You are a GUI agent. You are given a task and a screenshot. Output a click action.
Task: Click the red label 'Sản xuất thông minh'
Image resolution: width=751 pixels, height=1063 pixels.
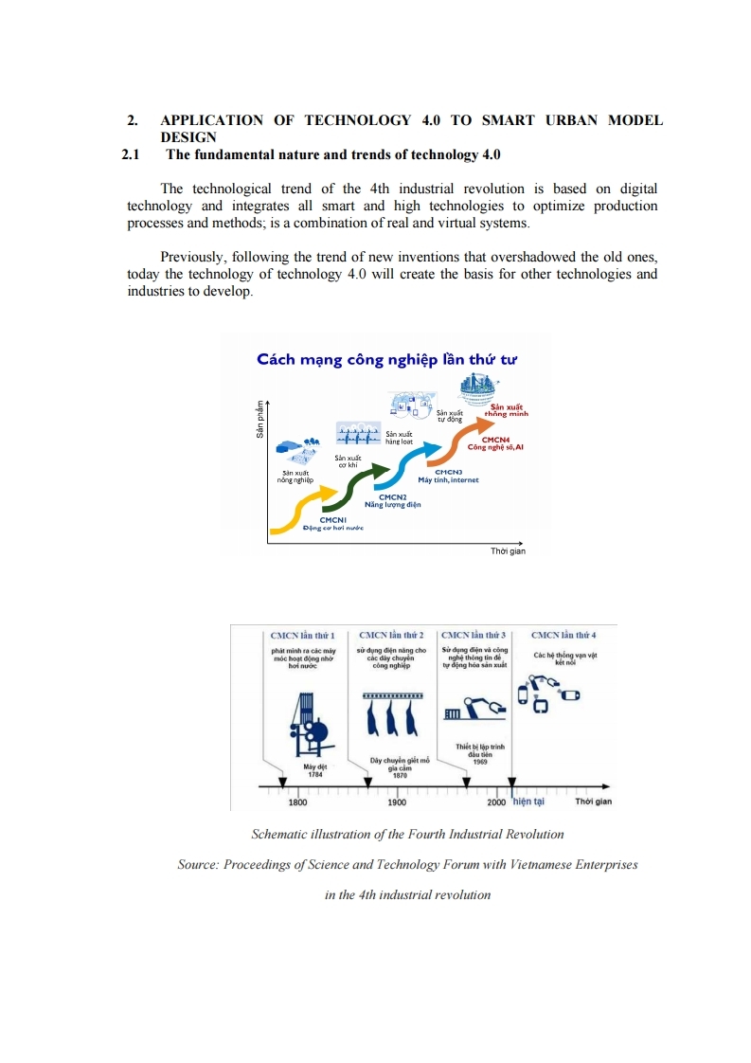(x=507, y=410)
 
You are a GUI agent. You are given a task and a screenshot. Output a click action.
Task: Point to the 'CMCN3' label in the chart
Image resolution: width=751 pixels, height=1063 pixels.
(x=448, y=471)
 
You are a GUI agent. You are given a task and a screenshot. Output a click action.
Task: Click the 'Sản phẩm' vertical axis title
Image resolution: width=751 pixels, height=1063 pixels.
(x=258, y=419)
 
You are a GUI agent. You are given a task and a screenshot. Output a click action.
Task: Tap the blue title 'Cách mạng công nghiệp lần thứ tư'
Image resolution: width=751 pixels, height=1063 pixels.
(x=387, y=359)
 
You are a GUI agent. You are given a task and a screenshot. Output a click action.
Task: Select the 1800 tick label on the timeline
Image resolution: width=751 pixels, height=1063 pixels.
(x=297, y=802)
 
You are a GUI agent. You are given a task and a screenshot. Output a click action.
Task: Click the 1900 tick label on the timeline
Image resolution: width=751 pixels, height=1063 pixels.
(x=397, y=802)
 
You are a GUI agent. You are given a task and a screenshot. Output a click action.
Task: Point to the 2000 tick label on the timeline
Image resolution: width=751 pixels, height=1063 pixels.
(x=496, y=802)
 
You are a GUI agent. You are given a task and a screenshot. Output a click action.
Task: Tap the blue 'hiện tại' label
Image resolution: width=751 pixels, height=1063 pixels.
(x=528, y=802)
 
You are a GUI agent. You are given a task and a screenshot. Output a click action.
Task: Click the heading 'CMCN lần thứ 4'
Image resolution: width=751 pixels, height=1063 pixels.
(x=563, y=635)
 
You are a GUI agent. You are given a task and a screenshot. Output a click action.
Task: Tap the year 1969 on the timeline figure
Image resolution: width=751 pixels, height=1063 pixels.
(x=480, y=760)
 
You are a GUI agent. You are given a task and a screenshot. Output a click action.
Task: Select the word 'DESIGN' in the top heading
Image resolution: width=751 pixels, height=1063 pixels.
(x=188, y=137)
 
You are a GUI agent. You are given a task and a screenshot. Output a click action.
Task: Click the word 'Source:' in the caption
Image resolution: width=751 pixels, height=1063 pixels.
(x=199, y=864)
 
